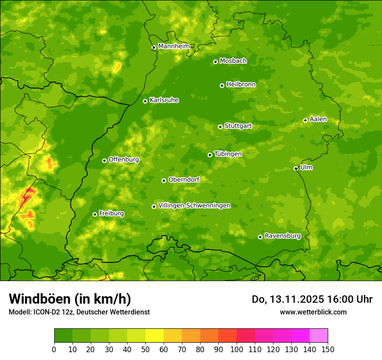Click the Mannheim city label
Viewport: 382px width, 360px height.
coord(174,46)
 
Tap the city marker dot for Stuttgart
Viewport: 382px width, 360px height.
coord(220,127)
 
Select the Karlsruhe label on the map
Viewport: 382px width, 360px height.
coord(164,100)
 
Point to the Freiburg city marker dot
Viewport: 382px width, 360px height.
coord(95,214)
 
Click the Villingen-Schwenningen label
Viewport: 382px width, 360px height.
coord(194,206)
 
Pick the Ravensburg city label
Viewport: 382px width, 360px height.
coord(283,236)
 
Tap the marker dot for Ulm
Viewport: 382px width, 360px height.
coord(296,168)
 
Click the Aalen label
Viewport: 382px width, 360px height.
coord(318,119)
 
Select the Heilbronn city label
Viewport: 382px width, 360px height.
coord(241,85)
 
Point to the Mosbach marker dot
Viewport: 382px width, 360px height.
coord(215,62)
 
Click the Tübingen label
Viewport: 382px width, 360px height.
coord(228,154)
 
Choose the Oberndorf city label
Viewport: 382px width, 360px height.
coord(184,180)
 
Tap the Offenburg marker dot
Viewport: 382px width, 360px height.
coord(104,160)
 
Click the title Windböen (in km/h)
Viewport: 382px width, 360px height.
coord(70,299)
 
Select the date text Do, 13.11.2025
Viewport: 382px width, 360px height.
coord(287,299)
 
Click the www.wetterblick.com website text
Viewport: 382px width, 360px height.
coord(313,312)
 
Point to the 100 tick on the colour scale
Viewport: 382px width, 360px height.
coord(237,349)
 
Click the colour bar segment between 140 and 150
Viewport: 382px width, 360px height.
coord(319,336)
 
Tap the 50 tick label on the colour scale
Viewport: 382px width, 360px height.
coord(145,349)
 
